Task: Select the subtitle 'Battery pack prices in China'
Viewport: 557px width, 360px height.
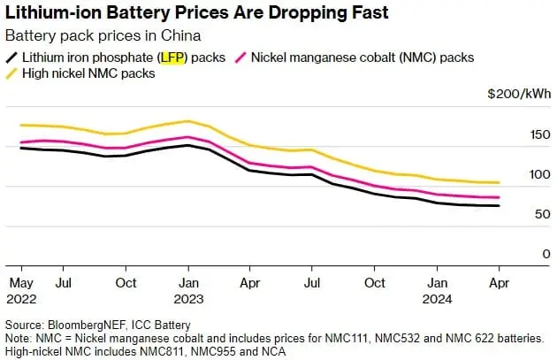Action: [x=102, y=36]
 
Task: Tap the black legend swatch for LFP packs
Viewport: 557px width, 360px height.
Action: [x=11, y=57]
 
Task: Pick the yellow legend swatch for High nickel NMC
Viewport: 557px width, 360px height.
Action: [x=11, y=73]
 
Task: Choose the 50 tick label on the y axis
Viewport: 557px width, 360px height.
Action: [x=517, y=214]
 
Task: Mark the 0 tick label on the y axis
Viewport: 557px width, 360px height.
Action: [x=521, y=254]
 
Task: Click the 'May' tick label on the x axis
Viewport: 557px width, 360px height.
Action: [x=20, y=283]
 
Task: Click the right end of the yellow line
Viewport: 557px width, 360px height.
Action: [x=500, y=183]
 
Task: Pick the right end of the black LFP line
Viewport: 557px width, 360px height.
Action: [x=500, y=206]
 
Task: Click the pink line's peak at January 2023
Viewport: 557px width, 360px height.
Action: [x=187, y=137]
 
